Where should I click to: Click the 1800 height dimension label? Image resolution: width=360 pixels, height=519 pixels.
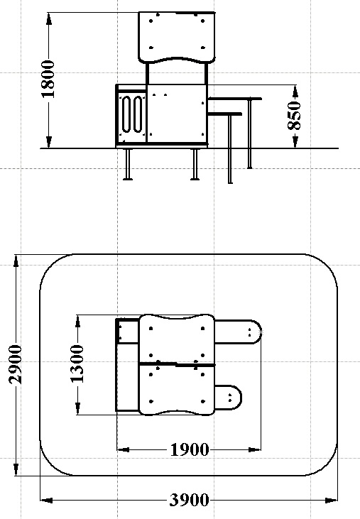pos(48,79)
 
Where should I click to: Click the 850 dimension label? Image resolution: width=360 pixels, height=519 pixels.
pos(294,116)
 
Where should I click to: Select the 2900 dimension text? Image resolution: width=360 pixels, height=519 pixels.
pos(15,364)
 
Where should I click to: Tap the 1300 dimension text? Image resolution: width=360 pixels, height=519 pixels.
pos(77,364)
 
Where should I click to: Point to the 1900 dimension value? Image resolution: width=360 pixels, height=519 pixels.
pos(190,450)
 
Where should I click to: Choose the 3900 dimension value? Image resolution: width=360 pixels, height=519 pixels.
pos(190,500)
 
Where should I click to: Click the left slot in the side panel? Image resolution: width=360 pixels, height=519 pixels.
pos(127,114)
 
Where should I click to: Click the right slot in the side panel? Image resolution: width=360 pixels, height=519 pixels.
pos(138,114)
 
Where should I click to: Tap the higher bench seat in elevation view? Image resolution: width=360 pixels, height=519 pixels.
pos(235,99)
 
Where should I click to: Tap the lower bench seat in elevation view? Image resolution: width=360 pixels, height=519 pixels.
pos(224,114)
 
